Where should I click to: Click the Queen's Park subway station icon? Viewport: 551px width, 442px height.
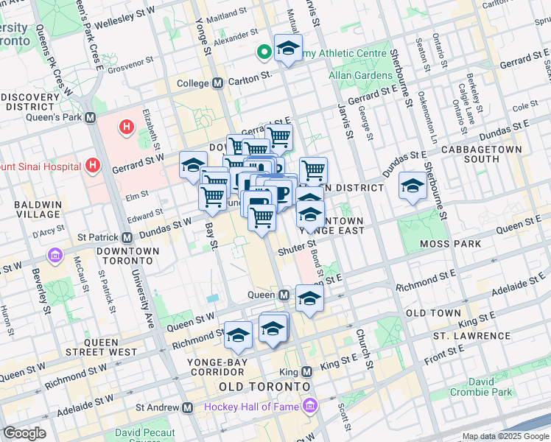click(x=91, y=117)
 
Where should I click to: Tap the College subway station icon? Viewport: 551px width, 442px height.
click(x=217, y=83)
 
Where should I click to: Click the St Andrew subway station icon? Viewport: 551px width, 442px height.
click(x=188, y=407)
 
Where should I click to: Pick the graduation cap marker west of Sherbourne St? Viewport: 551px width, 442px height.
click(x=413, y=186)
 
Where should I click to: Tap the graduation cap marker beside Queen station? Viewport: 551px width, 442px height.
click(x=309, y=298)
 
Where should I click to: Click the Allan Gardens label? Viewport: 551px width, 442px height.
click(x=361, y=76)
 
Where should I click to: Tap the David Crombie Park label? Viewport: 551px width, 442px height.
click(x=491, y=387)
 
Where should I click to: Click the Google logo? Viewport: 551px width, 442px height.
click(x=24, y=433)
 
